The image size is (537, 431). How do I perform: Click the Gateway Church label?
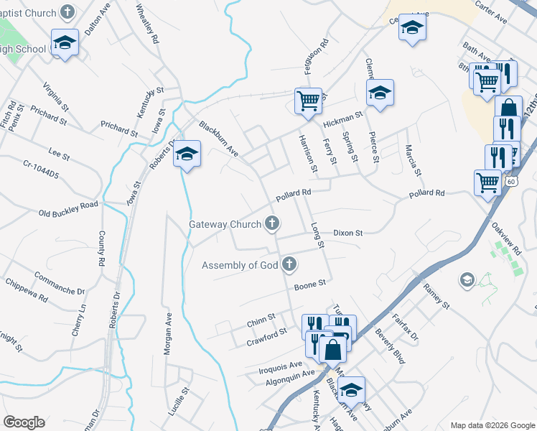(x=225, y=224)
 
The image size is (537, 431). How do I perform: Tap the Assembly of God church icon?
(x=289, y=265)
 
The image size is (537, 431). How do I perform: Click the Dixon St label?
(x=348, y=233)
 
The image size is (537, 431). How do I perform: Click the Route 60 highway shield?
(x=510, y=182)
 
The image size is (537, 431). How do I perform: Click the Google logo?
(x=24, y=422)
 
